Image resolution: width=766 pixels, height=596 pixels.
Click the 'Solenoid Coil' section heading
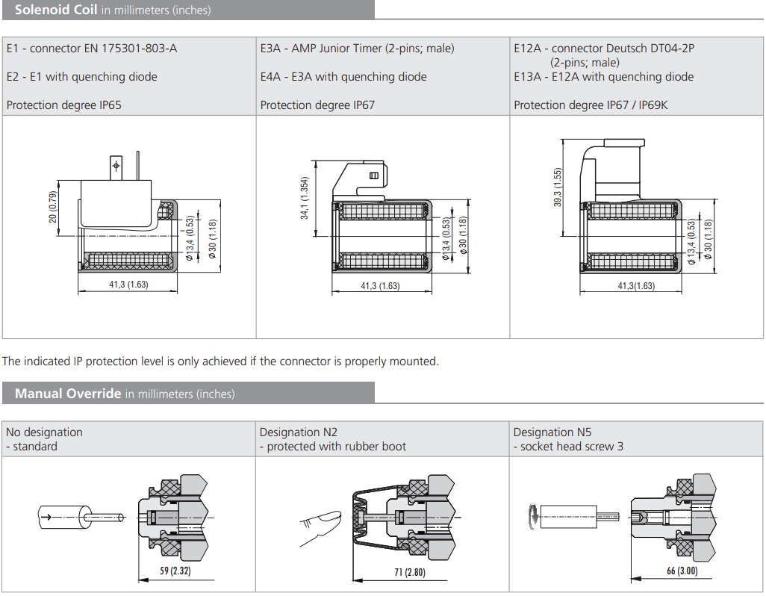tap(56, 10)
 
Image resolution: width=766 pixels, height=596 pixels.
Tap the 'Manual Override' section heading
tap(68, 394)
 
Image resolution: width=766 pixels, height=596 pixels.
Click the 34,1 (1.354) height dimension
tap(305, 198)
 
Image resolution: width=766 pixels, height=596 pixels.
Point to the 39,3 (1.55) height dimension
tap(558, 187)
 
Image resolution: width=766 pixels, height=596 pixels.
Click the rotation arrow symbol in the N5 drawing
tap(531, 515)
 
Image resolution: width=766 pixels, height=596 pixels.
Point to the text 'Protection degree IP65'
tap(63, 105)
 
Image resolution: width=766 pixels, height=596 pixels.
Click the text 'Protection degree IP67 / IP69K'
tap(591, 105)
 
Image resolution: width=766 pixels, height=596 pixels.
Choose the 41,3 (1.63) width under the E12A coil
tap(636, 286)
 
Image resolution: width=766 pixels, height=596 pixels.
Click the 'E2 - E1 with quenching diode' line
tap(82, 77)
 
